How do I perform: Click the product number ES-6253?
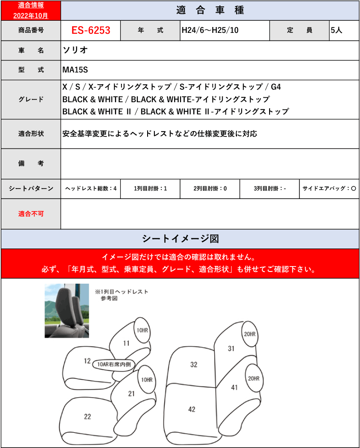pyautogui.click(x=91, y=30)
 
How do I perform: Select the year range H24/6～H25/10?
pyautogui.click(x=210, y=30)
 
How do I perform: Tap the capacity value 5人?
pyautogui.click(x=336, y=30)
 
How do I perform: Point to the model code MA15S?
pyautogui.click(x=75, y=70)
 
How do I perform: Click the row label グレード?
pyautogui.click(x=31, y=100)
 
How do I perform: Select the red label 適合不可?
pyautogui.click(x=31, y=214)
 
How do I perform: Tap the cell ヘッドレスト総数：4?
pyautogui.click(x=91, y=189)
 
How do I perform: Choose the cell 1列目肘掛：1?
pyautogui.click(x=150, y=189)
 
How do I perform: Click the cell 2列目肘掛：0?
pyautogui.click(x=210, y=189)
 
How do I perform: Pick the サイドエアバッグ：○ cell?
pyautogui.click(x=329, y=189)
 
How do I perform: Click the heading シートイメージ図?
pyautogui.click(x=180, y=239)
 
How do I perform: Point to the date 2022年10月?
pyautogui.click(x=31, y=15)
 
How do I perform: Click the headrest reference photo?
pyautogui.click(x=67, y=311)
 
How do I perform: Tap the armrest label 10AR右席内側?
pyautogui.click(x=114, y=364)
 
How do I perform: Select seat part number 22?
pyautogui.click(x=87, y=416)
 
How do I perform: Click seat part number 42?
pyautogui.click(x=192, y=409)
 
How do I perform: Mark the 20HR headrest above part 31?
pyautogui.click(x=250, y=334)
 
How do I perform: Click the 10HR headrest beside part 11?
pyautogui.click(x=142, y=330)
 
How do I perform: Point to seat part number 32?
pyautogui.click(x=194, y=365)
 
